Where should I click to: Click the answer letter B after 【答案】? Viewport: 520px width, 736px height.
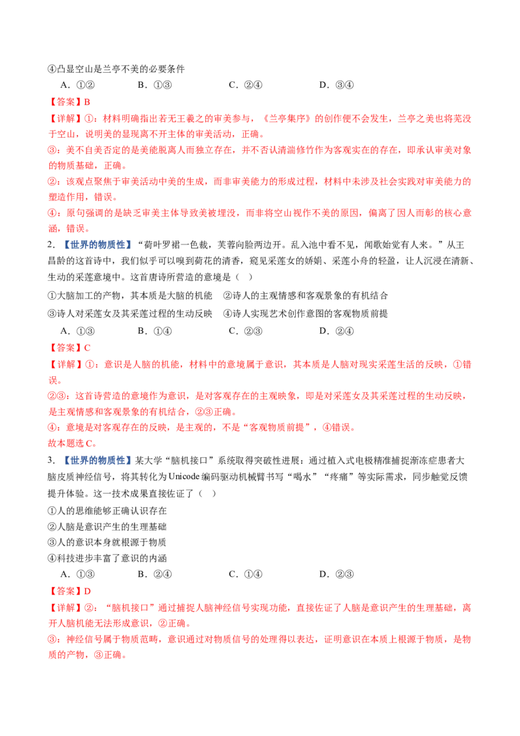point(87,102)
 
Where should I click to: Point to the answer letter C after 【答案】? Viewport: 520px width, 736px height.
point(87,348)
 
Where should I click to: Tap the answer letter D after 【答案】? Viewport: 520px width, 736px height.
point(87,591)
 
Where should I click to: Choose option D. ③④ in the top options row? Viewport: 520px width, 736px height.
point(337,85)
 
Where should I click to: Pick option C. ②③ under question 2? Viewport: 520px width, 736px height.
point(246,331)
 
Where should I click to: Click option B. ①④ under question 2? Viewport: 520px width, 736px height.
point(155,331)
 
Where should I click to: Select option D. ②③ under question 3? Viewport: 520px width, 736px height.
point(337,574)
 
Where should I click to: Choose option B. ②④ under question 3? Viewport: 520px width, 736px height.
point(155,574)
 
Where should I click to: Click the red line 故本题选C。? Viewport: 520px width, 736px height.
point(72,443)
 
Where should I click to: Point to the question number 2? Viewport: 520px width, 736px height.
point(51,244)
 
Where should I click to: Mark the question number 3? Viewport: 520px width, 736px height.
point(51,460)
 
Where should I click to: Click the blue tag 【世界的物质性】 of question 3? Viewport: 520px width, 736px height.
point(97,460)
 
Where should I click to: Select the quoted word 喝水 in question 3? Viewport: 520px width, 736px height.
point(301,477)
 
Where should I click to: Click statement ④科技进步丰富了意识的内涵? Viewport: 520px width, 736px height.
point(107,558)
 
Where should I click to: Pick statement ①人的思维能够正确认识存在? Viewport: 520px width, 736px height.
point(107,510)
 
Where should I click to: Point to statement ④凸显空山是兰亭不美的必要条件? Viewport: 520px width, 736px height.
point(116,69)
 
